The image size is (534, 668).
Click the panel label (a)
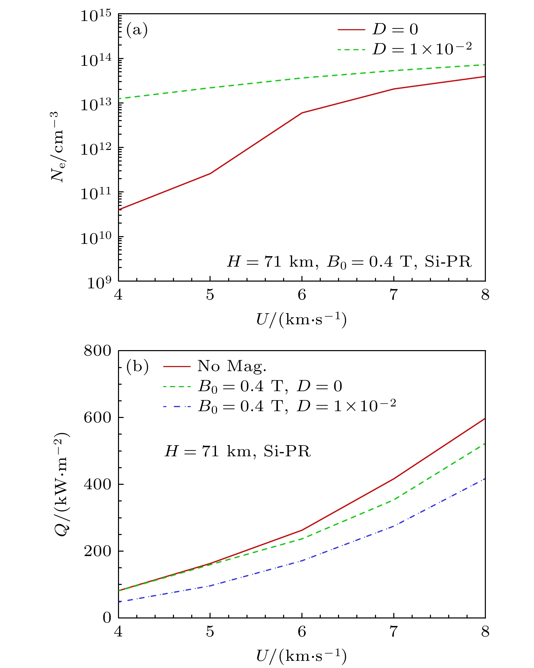click(x=137, y=30)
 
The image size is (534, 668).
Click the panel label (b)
click(x=137, y=366)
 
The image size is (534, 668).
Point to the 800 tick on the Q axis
click(x=97, y=351)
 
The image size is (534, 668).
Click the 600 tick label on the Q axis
click(x=97, y=418)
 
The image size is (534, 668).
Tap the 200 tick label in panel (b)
click(x=97, y=551)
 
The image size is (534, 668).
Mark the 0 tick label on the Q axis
click(x=107, y=618)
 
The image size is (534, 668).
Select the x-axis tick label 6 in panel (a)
click(x=302, y=295)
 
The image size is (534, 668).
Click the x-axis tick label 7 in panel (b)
click(x=393, y=632)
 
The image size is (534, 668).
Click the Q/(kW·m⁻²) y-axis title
click(x=62, y=485)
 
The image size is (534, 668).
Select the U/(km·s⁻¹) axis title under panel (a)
click(x=301, y=320)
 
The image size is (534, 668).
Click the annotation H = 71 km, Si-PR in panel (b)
click(x=237, y=452)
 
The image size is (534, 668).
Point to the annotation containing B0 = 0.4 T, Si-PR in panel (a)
click(x=349, y=262)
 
